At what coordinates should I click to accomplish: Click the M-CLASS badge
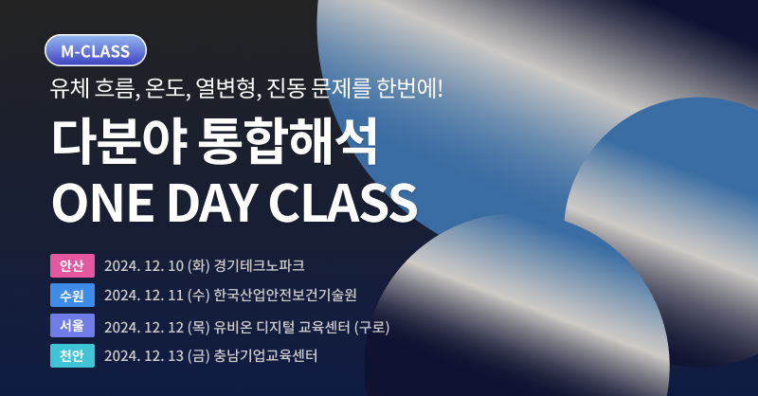(x=96, y=50)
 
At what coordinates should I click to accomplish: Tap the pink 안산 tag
(x=73, y=265)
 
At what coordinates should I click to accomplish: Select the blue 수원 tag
(x=73, y=295)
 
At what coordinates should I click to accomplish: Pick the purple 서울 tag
(x=73, y=325)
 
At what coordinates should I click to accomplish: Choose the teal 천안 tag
(x=73, y=355)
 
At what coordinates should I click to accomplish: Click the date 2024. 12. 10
(x=144, y=266)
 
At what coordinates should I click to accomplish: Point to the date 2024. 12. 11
(x=144, y=296)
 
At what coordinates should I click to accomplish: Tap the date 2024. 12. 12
(x=144, y=328)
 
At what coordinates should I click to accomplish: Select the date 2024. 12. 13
(x=144, y=356)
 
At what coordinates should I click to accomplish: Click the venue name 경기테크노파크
(x=259, y=265)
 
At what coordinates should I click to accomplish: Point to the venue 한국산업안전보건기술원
(x=285, y=295)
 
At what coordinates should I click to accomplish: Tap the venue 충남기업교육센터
(x=265, y=355)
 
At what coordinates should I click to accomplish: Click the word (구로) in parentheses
(x=371, y=328)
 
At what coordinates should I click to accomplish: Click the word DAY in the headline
(x=211, y=203)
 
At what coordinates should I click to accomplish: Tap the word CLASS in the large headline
(x=343, y=203)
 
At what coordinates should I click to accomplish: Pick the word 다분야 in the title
(x=118, y=141)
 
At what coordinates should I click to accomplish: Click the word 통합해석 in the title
(x=288, y=141)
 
